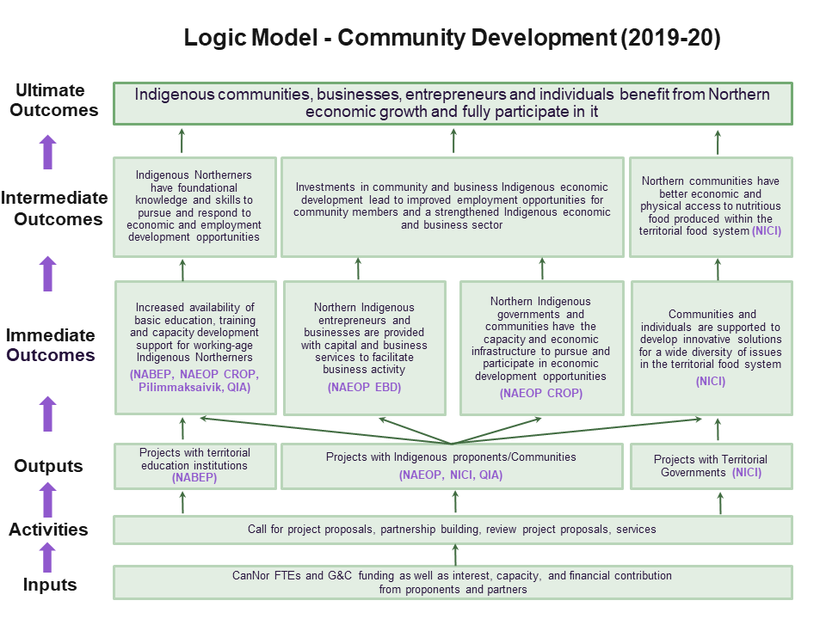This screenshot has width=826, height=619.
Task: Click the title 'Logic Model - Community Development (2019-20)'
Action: [453, 38]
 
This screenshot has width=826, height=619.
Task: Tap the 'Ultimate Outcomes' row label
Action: [50, 101]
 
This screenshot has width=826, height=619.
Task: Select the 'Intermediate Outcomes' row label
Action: [54, 208]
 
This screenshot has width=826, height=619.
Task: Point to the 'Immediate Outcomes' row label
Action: [51, 345]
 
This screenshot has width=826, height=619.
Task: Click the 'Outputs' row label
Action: [48, 466]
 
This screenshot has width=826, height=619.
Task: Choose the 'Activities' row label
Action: [48, 530]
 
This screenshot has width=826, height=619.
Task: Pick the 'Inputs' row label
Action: [50, 585]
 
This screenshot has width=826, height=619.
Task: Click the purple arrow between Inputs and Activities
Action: [47, 556]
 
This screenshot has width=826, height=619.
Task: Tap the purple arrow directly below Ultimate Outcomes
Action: [47, 151]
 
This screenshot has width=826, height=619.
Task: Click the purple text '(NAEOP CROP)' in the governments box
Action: [541, 393]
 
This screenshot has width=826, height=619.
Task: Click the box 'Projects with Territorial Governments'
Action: [711, 466]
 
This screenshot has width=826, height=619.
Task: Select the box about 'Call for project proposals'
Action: [453, 530]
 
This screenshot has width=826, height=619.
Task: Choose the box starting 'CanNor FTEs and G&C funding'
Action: [453, 582]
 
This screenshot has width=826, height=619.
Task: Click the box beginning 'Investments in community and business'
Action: [452, 206]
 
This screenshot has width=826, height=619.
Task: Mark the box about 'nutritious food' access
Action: [711, 206]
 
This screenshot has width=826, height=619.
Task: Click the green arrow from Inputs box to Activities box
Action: [456, 555]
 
